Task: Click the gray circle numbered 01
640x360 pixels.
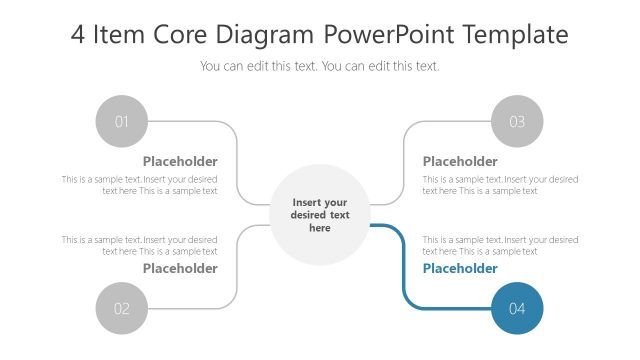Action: coord(122,122)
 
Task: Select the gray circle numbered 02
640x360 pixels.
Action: coord(122,309)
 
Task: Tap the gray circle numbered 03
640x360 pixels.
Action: coord(517,122)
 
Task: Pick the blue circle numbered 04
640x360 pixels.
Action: coord(517,309)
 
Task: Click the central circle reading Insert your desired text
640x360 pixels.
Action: coord(320,215)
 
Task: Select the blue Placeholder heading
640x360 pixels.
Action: coord(460,268)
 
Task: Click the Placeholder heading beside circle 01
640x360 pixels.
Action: coord(180,161)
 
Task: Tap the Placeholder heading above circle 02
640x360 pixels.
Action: coord(180,268)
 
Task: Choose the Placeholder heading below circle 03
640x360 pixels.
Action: coord(460,161)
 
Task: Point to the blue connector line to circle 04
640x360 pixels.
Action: coord(402,270)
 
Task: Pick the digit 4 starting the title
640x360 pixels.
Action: coord(78,35)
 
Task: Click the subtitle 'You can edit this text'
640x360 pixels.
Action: coord(320,66)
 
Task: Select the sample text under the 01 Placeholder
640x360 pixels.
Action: coord(140,185)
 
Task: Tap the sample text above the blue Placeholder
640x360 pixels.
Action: coord(500,245)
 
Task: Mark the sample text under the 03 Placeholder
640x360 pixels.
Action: coord(500,185)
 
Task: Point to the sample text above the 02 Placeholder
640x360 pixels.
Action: coord(140,245)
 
